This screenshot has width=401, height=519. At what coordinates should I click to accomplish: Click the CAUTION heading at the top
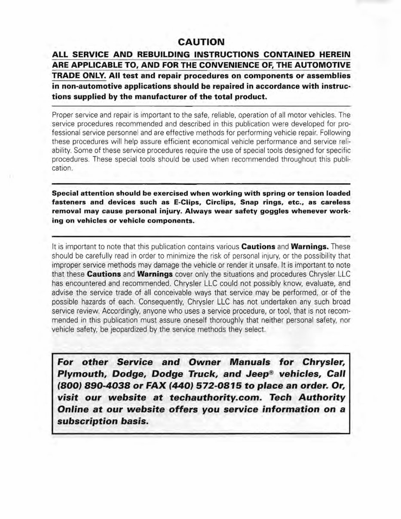pos(201,42)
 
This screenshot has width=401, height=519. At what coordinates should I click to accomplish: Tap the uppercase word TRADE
pos(65,76)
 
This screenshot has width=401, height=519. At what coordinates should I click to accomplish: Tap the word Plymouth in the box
pos(81,373)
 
